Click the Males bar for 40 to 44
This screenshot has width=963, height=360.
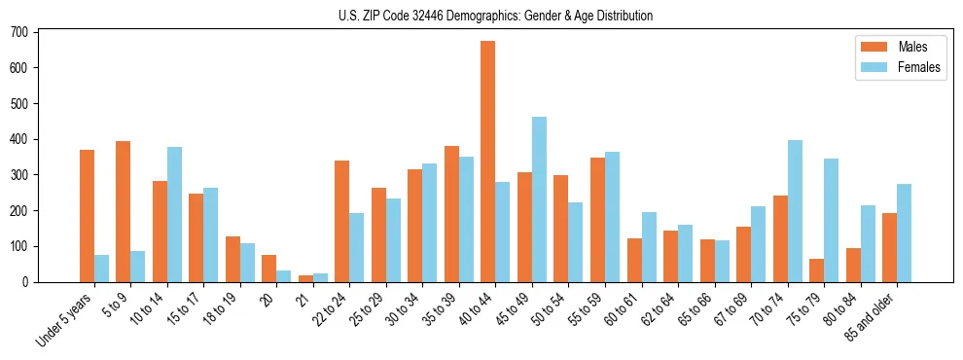pyautogui.click(x=488, y=162)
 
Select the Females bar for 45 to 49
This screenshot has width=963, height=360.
pyautogui.click(x=539, y=199)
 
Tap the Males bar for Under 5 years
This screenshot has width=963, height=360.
pyautogui.click(x=87, y=216)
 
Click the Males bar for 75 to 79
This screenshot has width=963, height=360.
pyautogui.click(x=816, y=270)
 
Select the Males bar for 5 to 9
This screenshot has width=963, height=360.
pyautogui.click(x=124, y=211)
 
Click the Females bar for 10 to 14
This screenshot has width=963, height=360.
pyautogui.click(x=174, y=214)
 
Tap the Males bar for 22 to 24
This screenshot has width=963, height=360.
pyautogui.click(x=342, y=221)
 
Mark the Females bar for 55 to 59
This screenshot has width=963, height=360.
pyautogui.click(x=612, y=217)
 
